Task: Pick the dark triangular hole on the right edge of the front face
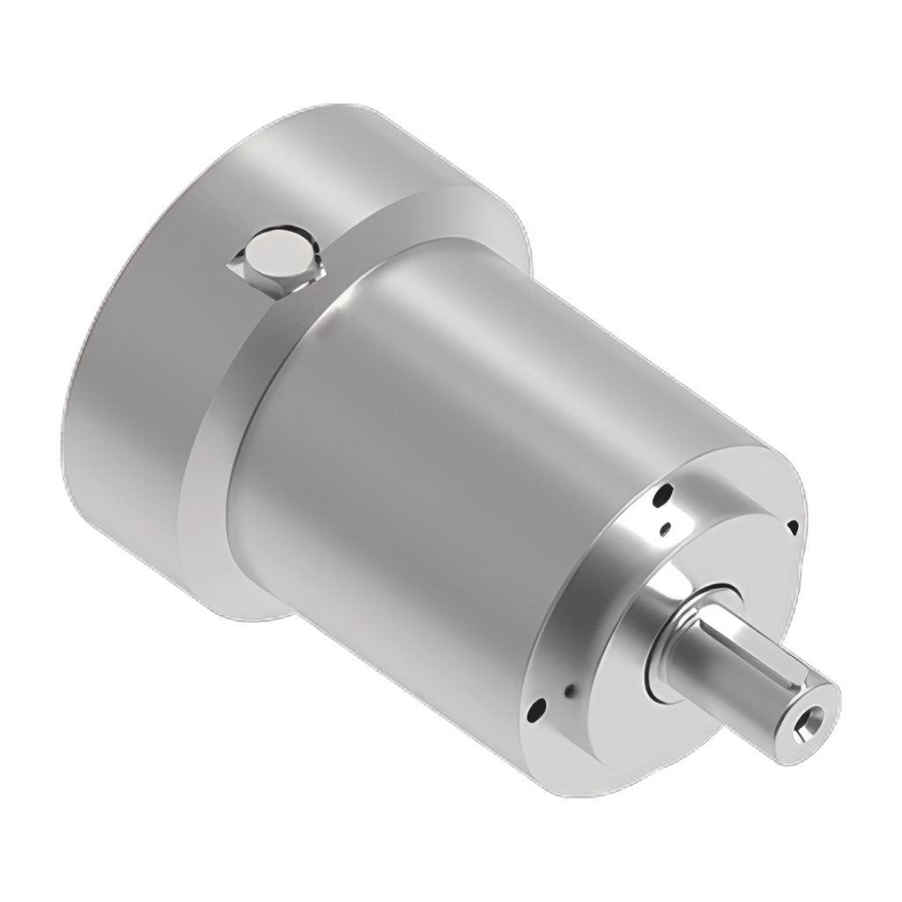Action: point(792,527)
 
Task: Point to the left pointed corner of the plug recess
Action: point(231,262)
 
